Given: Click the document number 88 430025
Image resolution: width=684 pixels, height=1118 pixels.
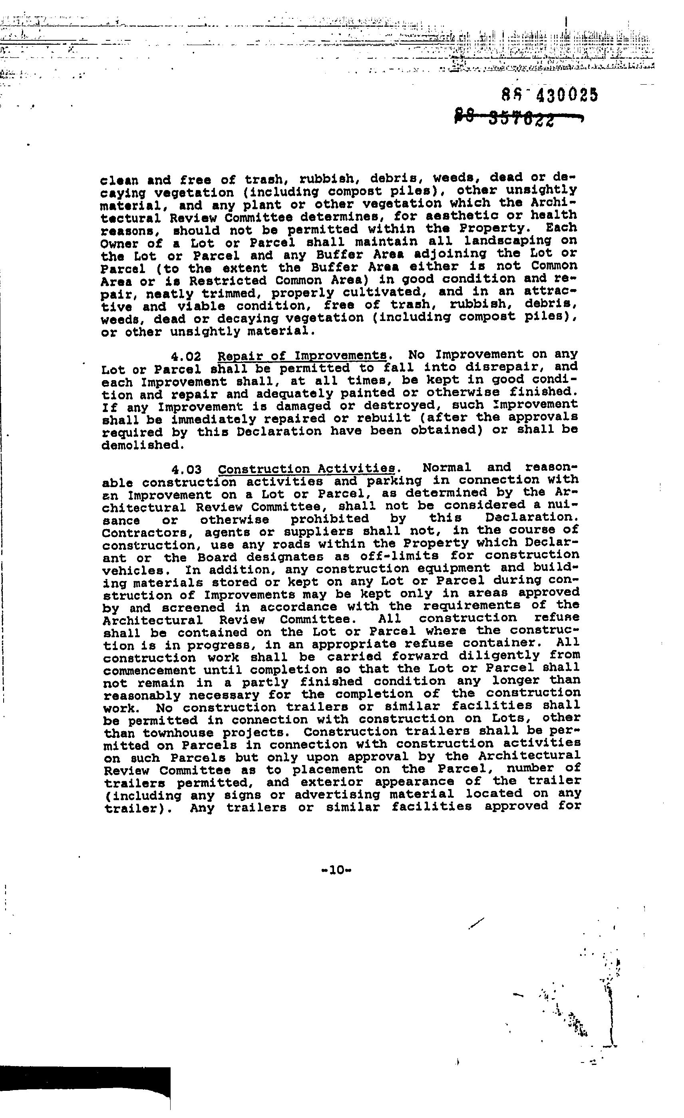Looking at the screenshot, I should coord(550,95).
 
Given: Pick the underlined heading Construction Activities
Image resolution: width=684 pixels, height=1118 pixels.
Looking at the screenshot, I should coord(307,469).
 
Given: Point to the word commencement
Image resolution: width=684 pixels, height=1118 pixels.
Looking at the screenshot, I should coord(149,670).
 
